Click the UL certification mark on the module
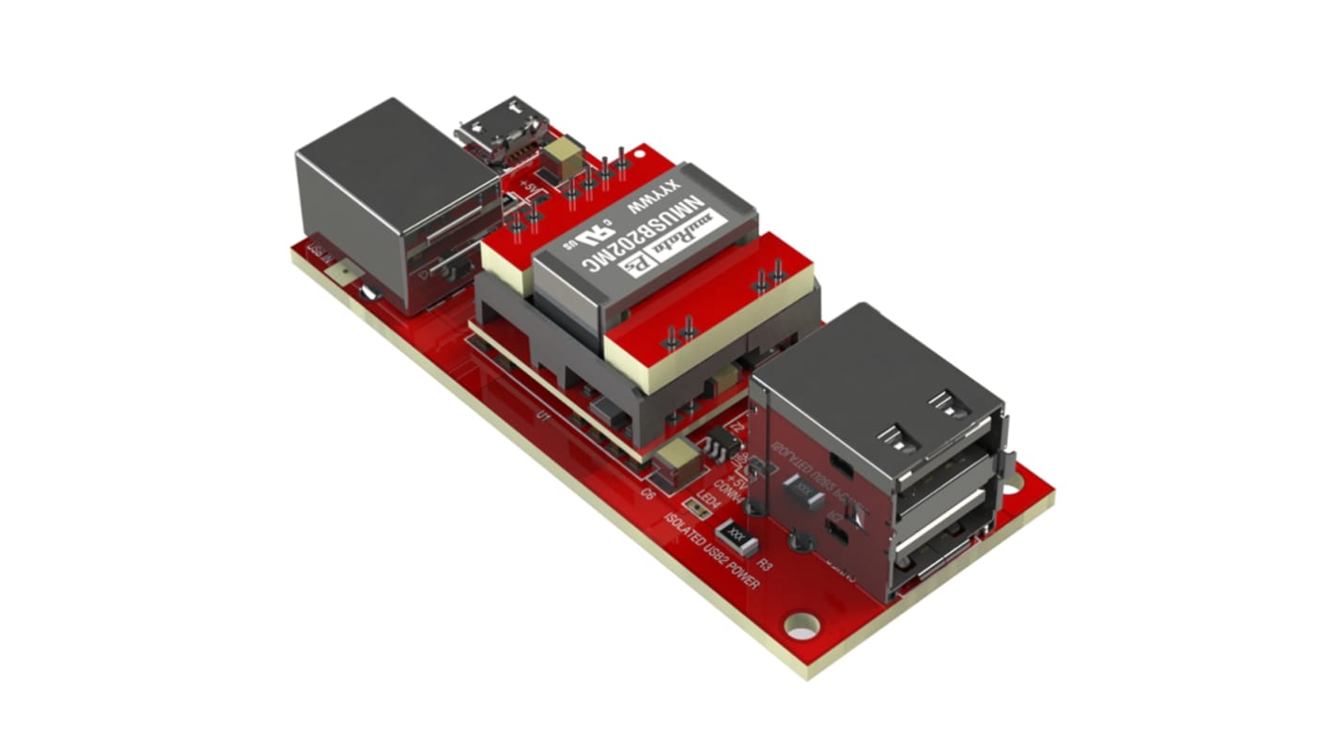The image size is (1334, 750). click(588, 230)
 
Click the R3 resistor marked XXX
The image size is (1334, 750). click(737, 539)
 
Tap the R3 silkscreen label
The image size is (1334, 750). click(765, 566)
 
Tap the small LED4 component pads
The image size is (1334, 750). click(696, 508)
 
